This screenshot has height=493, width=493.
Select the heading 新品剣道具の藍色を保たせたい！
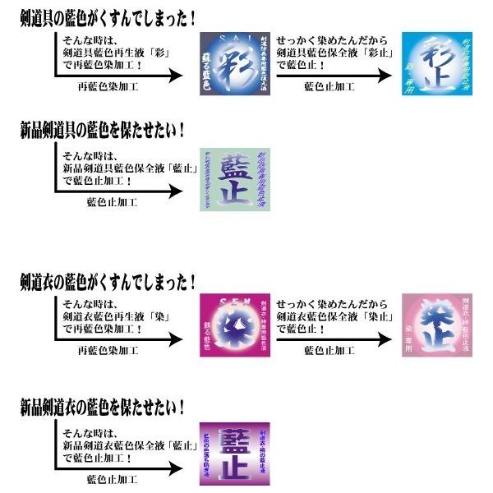click(x=102, y=130)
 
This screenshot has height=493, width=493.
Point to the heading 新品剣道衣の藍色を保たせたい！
click(x=102, y=405)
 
